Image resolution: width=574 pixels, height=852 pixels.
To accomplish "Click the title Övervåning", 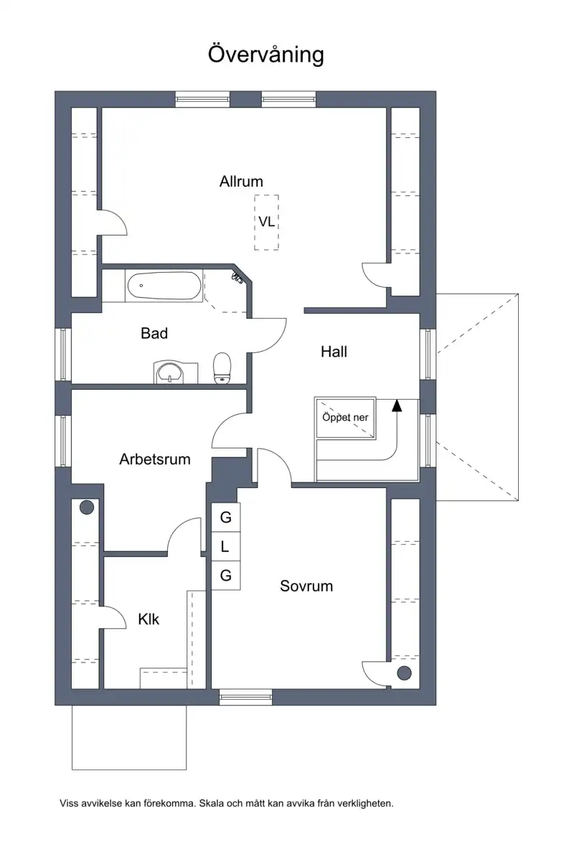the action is click(x=266, y=55).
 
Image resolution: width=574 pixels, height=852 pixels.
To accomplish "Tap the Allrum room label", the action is click(x=241, y=181).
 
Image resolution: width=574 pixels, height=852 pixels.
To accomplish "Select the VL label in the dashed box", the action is click(x=266, y=222).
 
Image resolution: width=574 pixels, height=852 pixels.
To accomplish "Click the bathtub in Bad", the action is click(x=164, y=286).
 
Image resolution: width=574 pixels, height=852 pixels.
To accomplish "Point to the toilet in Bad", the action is click(x=222, y=369).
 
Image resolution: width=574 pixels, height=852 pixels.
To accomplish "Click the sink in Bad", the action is click(x=172, y=373).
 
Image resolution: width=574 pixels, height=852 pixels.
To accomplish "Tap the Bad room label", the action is click(x=154, y=333).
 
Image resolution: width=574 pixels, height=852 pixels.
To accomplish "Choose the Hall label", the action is click(x=334, y=352).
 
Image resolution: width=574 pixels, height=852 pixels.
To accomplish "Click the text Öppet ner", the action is click(x=345, y=417).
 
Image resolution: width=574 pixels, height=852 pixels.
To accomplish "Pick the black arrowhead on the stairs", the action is click(x=397, y=405).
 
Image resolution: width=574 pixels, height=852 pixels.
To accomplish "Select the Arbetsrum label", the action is click(x=155, y=459).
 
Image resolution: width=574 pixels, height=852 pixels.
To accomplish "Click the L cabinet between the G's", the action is click(x=225, y=546).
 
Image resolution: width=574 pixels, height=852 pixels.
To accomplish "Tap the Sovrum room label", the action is click(x=306, y=586).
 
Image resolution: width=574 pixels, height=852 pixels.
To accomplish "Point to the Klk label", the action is click(x=149, y=619).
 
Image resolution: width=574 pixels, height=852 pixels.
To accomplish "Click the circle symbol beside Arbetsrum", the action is click(x=87, y=507).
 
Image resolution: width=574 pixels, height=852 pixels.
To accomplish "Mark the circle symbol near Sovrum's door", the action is click(x=404, y=673).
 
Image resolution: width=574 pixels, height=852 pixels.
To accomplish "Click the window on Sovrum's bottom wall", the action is click(x=245, y=697).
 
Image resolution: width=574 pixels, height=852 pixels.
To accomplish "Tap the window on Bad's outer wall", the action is click(x=63, y=355).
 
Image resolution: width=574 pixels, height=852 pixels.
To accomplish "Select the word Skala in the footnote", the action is click(x=212, y=803).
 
